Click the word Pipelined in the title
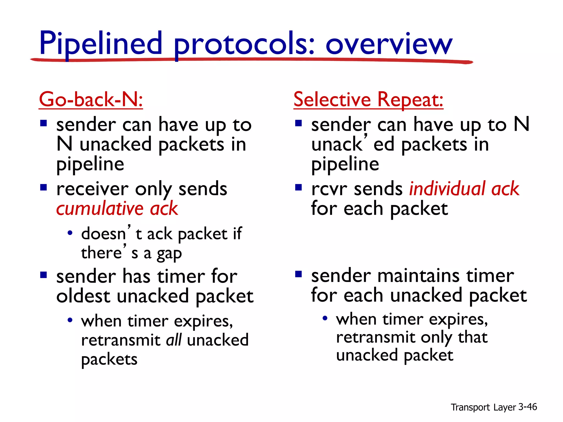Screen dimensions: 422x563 (101, 44)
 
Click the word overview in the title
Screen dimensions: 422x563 (389, 44)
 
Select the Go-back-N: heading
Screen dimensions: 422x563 (91, 99)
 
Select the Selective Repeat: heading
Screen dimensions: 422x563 (368, 99)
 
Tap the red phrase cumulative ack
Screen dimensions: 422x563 (117, 209)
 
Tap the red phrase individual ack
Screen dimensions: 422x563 (464, 189)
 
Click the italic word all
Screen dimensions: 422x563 (174, 340)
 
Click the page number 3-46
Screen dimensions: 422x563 (527, 407)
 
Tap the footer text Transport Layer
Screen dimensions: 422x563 (483, 407)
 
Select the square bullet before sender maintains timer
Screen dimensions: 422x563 (298, 274)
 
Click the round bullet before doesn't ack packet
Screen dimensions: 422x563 (70, 233)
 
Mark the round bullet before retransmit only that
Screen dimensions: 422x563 (325, 318)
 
